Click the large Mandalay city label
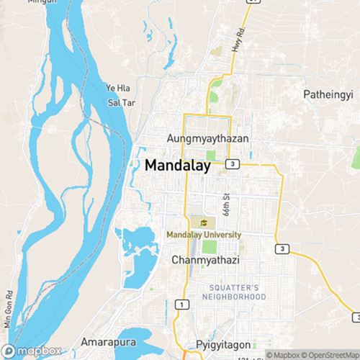tap(178, 165)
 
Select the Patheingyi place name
tap(328, 94)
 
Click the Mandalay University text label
tap(204, 235)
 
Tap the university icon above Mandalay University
tap(204, 222)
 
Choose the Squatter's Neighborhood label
tap(233, 292)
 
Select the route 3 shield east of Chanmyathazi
tap(283, 248)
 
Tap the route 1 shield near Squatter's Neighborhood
tap(185, 305)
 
